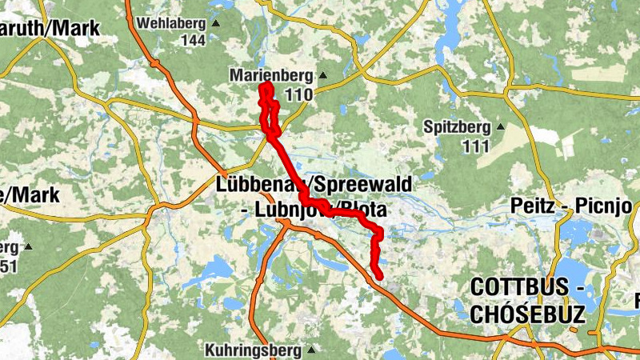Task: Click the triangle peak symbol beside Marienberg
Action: click(x=323, y=76)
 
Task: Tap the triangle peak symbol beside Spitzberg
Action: click(x=501, y=126)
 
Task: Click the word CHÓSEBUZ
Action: click(x=528, y=314)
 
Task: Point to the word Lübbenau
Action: click(x=255, y=185)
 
